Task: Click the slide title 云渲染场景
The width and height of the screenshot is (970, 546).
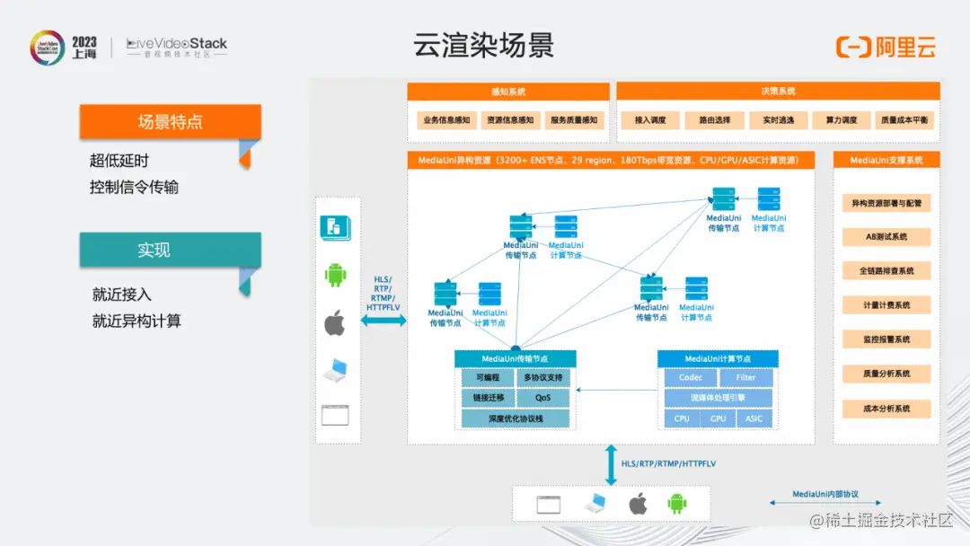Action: pyautogui.click(x=483, y=45)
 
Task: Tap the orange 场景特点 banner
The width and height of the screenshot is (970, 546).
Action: pyautogui.click(x=170, y=122)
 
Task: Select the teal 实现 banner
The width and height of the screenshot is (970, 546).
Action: pyautogui.click(x=170, y=250)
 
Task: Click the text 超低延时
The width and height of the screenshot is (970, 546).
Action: pyautogui.click(x=119, y=161)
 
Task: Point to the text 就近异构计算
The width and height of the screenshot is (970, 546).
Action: pyautogui.click(x=137, y=321)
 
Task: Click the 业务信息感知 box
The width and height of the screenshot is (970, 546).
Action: pyautogui.click(x=445, y=119)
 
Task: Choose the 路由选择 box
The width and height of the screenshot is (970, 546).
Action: pyautogui.click(x=708, y=119)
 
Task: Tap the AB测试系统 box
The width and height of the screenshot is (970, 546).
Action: pyautogui.click(x=886, y=237)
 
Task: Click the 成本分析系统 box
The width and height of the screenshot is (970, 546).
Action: pyautogui.click(x=886, y=409)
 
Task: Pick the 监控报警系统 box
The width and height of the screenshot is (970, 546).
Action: pyautogui.click(x=886, y=339)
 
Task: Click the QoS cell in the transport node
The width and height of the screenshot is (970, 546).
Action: pyautogui.click(x=543, y=397)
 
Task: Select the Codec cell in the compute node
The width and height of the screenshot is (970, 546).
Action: pyautogui.click(x=691, y=378)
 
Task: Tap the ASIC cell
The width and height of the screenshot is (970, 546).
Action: pyautogui.click(x=754, y=418)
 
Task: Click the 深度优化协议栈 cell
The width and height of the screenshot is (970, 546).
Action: pyautogui.click(x=516, y=418)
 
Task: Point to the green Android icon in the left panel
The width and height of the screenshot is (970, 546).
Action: pyautogui.click(x=335, y=275)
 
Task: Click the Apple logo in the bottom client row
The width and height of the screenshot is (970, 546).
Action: pyautogui.click(x=638, y=504)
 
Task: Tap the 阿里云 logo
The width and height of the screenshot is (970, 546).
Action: pyautogui.click(x=886, y=47)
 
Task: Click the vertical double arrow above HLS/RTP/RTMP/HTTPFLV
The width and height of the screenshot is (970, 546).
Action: pyautogui.click(x=611, y=464)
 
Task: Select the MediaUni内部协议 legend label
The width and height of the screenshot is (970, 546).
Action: pyautogui.click(x=825, y=495)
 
